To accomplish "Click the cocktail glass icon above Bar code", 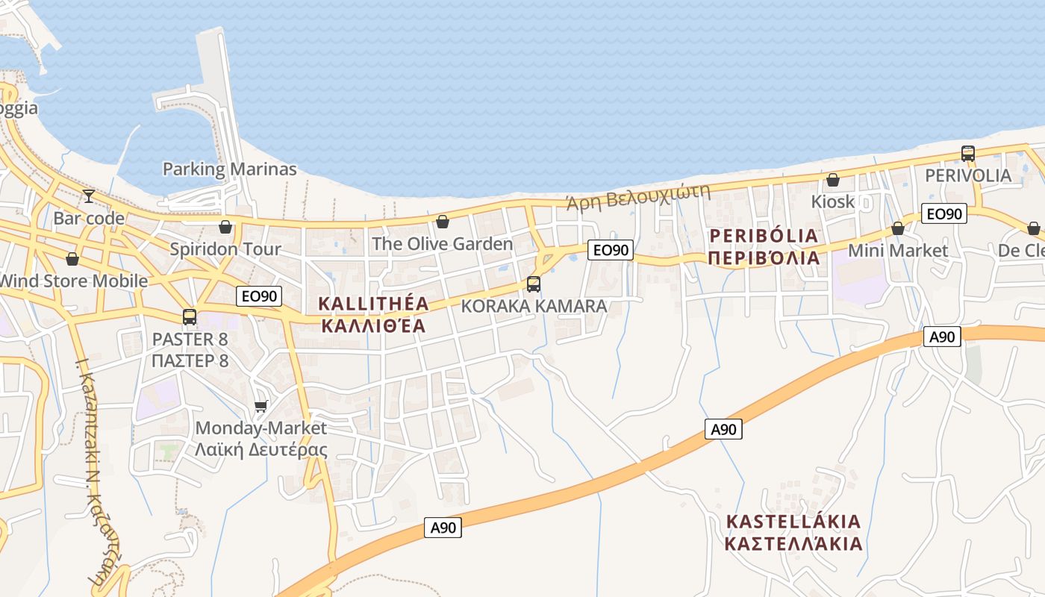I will pos(89,196).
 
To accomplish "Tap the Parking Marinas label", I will pos(229,169).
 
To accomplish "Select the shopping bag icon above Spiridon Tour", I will pos(225,226).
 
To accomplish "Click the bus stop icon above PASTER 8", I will pos(190,317).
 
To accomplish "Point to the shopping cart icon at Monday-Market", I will pos(261,406).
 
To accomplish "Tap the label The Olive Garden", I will pos(442,244).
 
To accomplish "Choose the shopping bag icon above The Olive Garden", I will pos(443,222).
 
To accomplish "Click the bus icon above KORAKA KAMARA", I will pos(534,284).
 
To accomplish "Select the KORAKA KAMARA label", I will pos(534,306).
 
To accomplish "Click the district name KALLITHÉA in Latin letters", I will pos(374,304).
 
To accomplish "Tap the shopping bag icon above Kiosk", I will pos(833,180).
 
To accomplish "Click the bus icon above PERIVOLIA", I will pos(968,154).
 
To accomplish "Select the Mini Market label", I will pos(897,251).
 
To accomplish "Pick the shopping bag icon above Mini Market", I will pos(898,228).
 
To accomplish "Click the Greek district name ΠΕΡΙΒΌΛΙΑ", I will pos(764,258).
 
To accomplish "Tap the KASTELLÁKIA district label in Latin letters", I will pos(793,521).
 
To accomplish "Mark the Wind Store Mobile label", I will pos(73,281).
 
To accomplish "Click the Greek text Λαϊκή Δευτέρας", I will pos(261,450).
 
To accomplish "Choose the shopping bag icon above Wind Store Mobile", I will pos(72,259).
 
